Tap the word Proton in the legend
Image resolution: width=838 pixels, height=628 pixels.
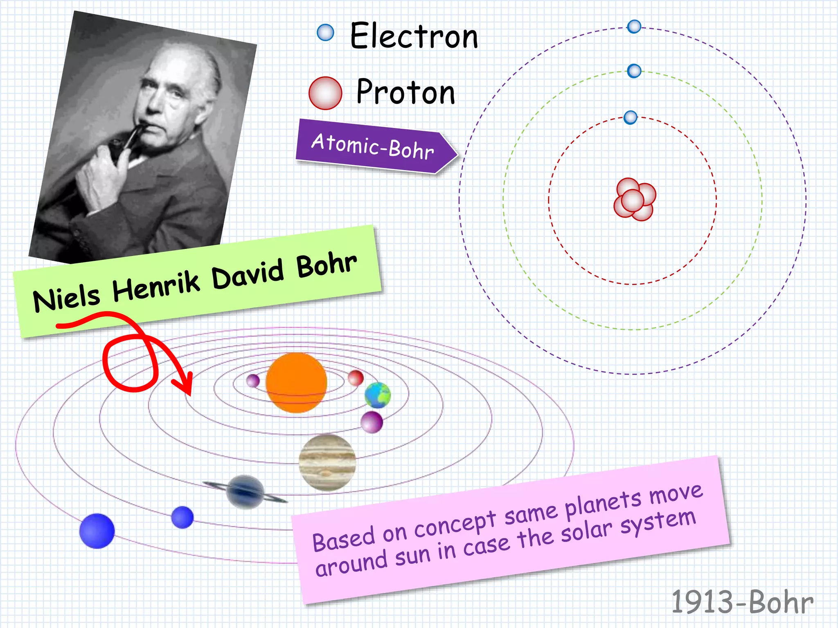405,92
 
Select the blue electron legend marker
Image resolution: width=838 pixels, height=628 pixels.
325,32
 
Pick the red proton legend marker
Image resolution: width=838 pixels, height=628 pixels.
325,93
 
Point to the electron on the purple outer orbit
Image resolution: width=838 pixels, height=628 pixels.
634,27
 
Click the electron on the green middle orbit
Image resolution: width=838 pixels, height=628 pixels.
634,71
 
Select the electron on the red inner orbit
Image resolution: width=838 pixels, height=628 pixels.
630,117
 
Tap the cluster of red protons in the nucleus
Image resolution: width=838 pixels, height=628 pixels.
634,200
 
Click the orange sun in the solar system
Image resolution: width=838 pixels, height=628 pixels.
296,383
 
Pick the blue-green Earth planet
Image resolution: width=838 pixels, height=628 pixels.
378,395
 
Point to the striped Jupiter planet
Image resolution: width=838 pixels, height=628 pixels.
327,462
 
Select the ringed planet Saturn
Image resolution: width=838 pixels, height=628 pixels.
245,492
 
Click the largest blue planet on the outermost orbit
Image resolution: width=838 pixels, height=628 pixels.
97,531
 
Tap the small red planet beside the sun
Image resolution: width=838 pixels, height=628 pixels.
356,378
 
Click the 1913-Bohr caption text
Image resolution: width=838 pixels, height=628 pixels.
742,602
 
